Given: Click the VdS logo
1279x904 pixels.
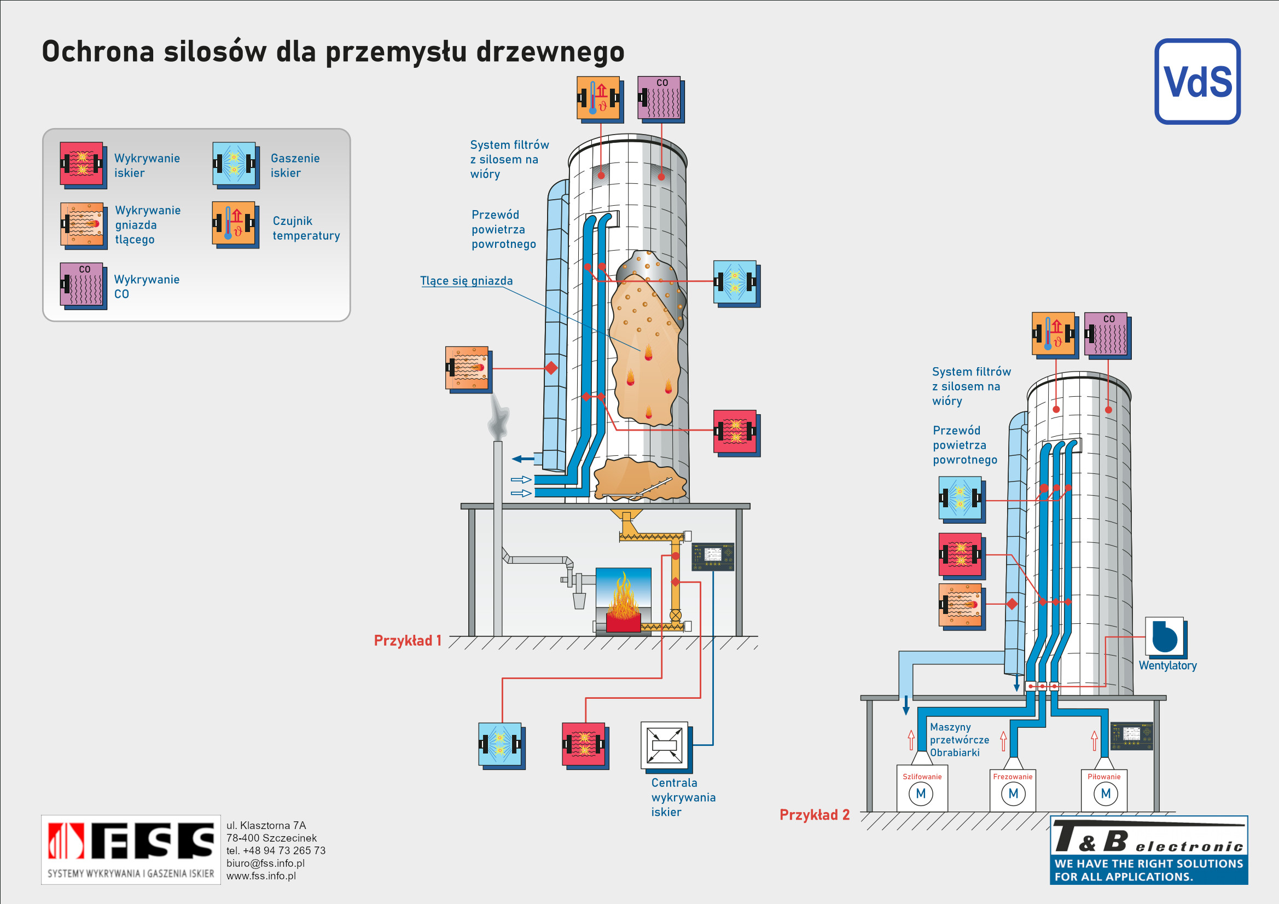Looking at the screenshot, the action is (x=1197, y=82).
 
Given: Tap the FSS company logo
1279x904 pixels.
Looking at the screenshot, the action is (x=131, y=849).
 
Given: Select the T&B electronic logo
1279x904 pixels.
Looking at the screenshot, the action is (x=1149, y=850).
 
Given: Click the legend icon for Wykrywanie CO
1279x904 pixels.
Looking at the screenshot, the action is (x=84, y=286).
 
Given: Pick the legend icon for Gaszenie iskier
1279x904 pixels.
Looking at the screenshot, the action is (x=236, y=165).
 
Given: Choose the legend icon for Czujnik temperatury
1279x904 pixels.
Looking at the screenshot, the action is (x=236, y=224).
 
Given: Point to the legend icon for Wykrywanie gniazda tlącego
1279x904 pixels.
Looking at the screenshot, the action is (x=84, y=225).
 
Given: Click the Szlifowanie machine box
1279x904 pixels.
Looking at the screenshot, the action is (x=922, y=788).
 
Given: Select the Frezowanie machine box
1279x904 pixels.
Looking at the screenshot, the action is (x=1013, y=788).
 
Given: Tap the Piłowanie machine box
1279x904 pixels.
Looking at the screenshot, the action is (x=1104, y=788).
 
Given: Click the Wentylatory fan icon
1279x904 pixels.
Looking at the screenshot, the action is (x=1166, y=638).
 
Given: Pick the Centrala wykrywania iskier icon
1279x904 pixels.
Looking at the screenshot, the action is (x=666, y=747).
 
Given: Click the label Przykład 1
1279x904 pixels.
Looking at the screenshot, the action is (x=407, y=640).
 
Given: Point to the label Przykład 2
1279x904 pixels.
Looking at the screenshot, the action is (x=815, y=815).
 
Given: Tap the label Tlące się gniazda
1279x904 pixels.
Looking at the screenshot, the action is (x=466, y=281).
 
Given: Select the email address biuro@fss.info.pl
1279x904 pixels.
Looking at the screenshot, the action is (x=265, y=864).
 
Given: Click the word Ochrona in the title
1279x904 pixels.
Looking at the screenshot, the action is (x=98, y=51).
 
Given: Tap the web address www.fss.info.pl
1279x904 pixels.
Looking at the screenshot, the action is (x=261, y=876).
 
